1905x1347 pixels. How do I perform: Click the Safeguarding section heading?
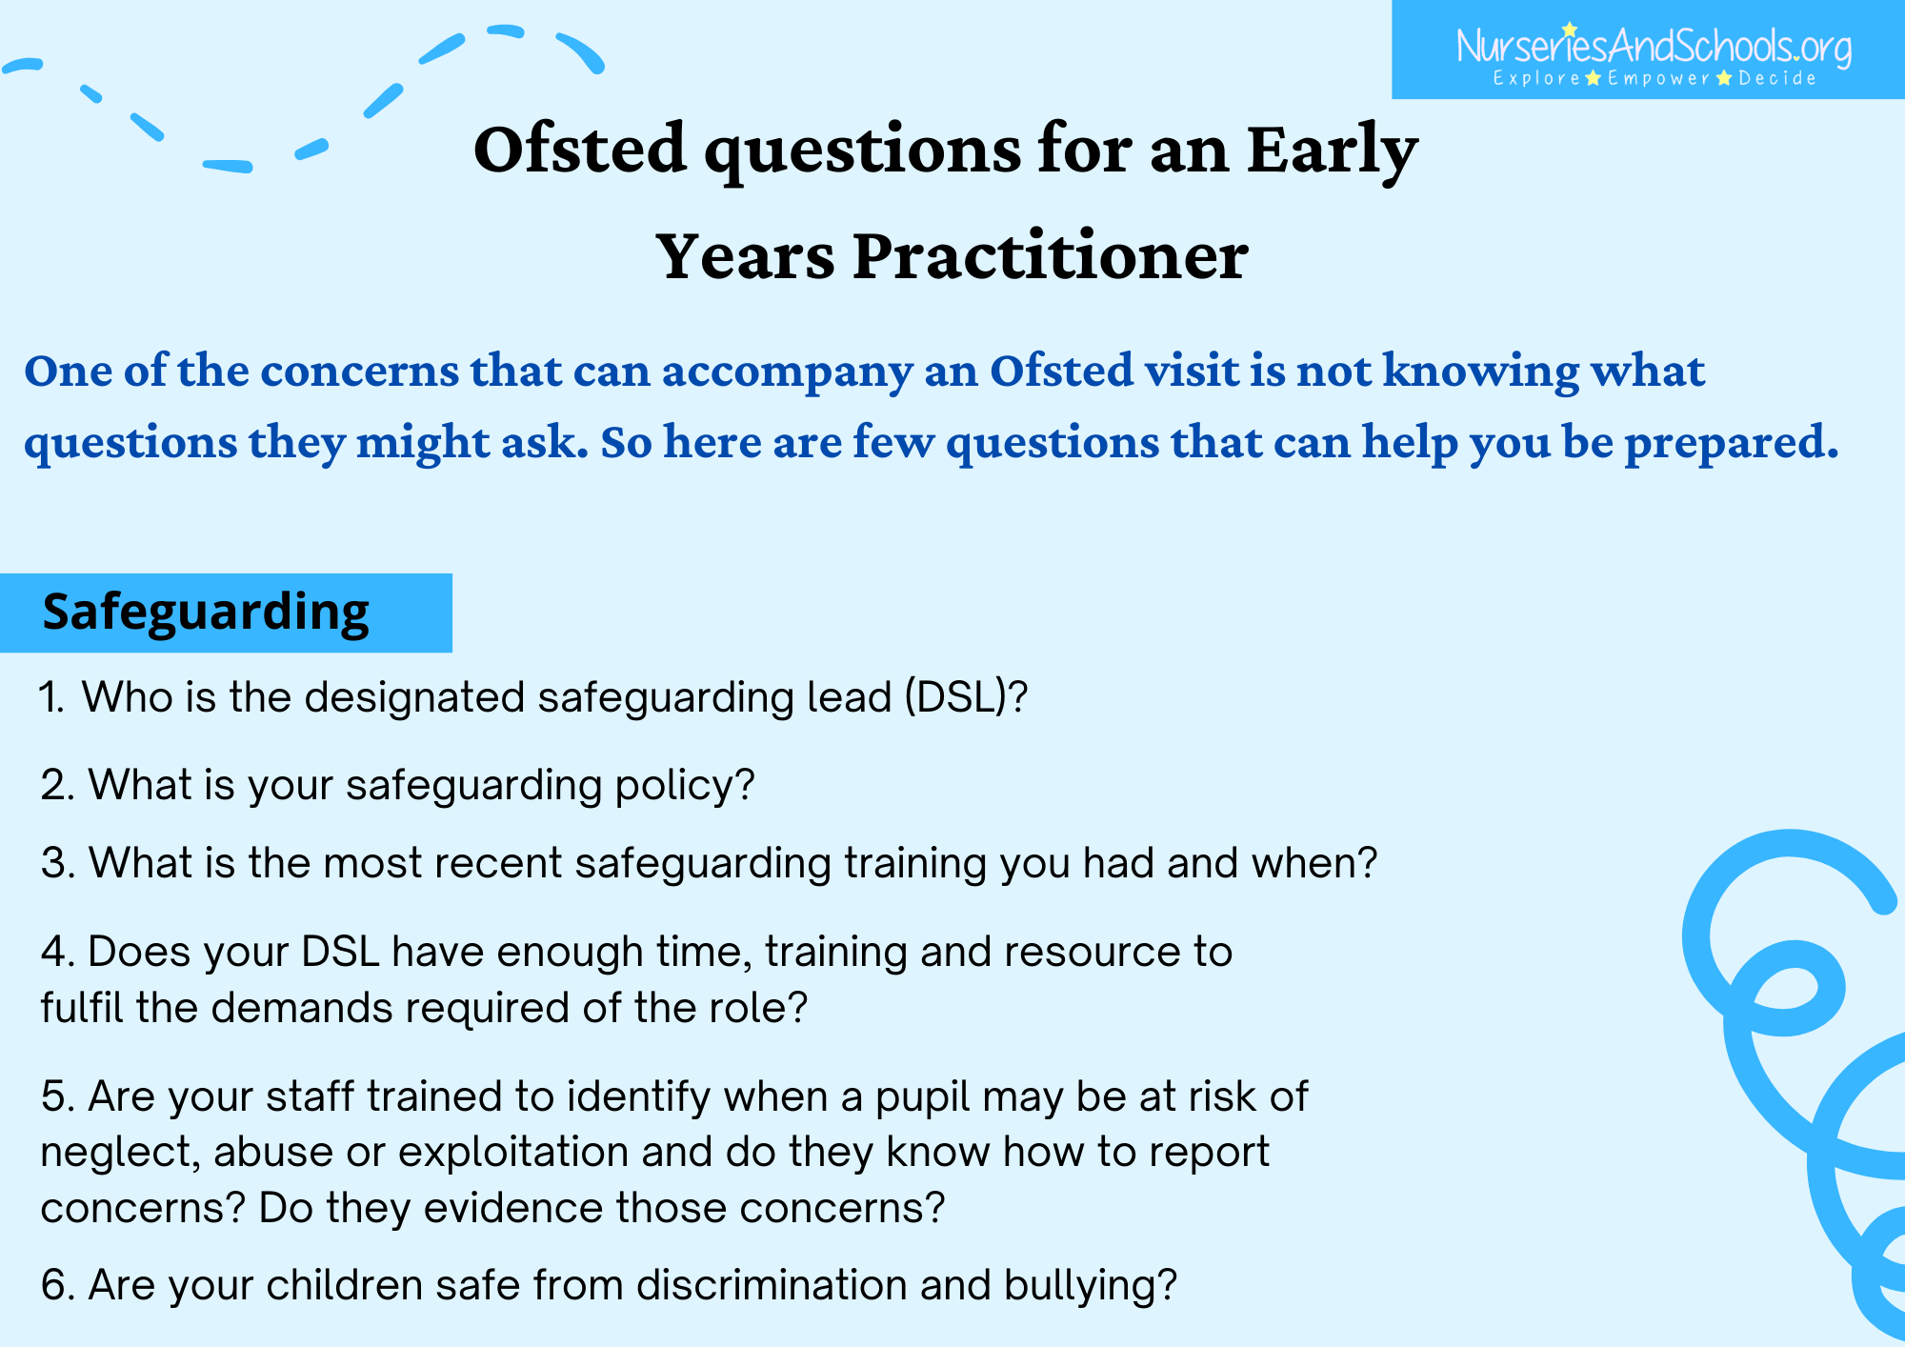206,612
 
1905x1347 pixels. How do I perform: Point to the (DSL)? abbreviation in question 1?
966,697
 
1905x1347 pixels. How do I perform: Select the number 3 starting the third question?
52,863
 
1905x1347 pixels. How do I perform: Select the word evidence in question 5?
513,1208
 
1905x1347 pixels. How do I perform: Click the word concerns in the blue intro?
360,371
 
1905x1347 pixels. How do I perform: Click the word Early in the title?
1333,151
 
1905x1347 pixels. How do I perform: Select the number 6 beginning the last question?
52,1285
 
